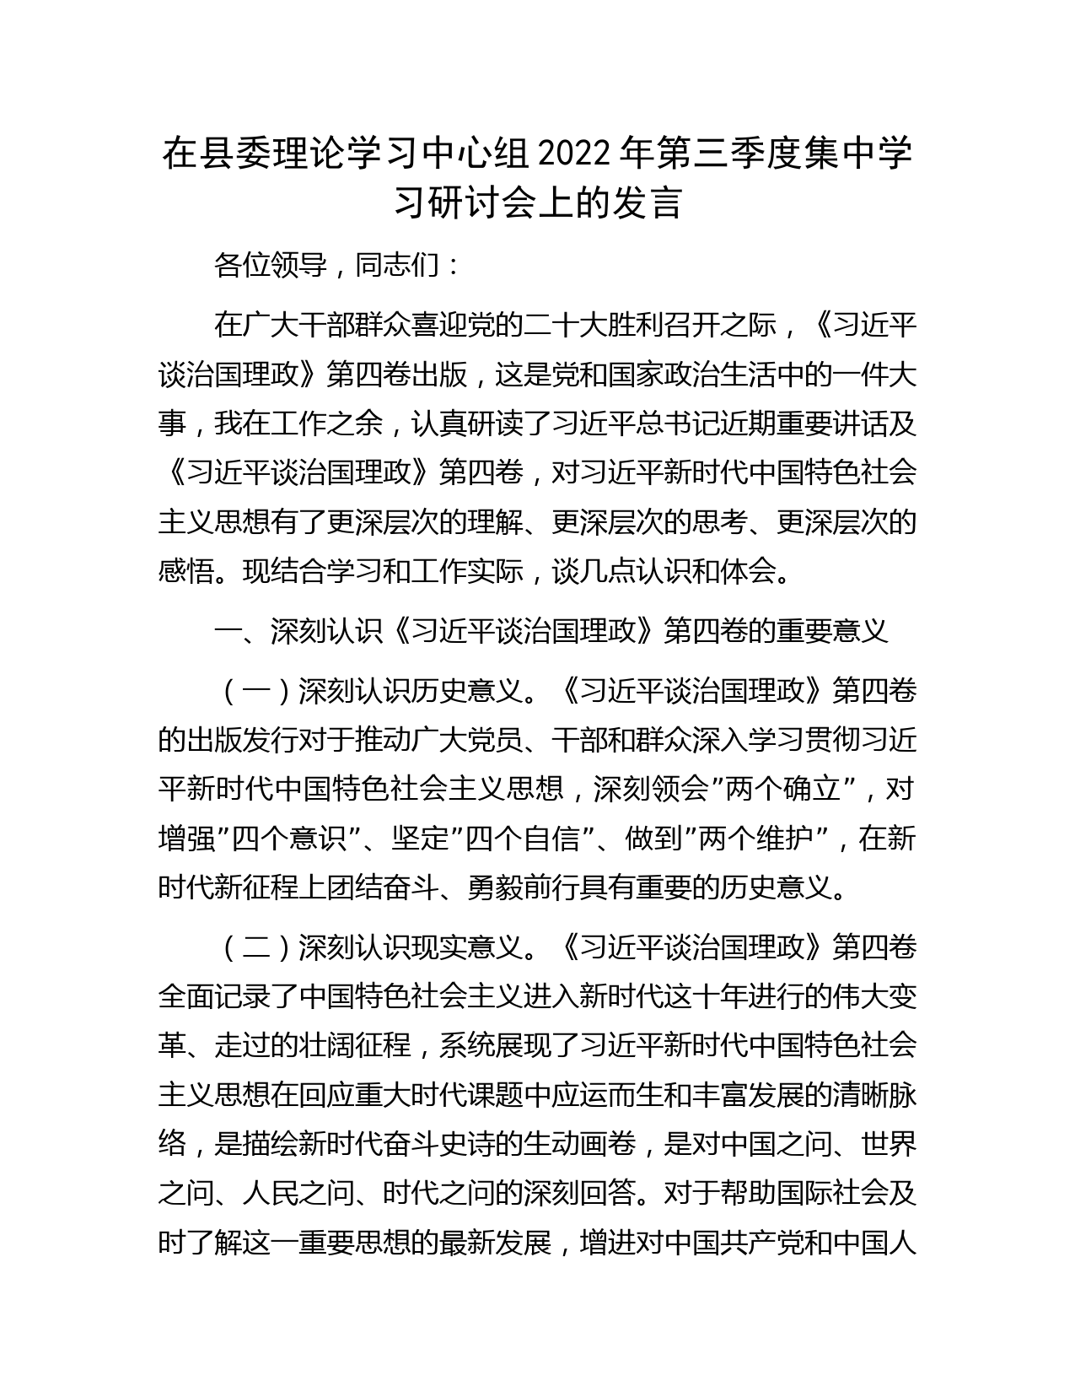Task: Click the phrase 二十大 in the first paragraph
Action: click(x=567, y=325)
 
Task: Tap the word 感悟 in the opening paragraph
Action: click(x=186, y=572)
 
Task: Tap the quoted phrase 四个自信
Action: click(x=523, y=839)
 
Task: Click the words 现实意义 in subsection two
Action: click(x=467, y=947)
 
